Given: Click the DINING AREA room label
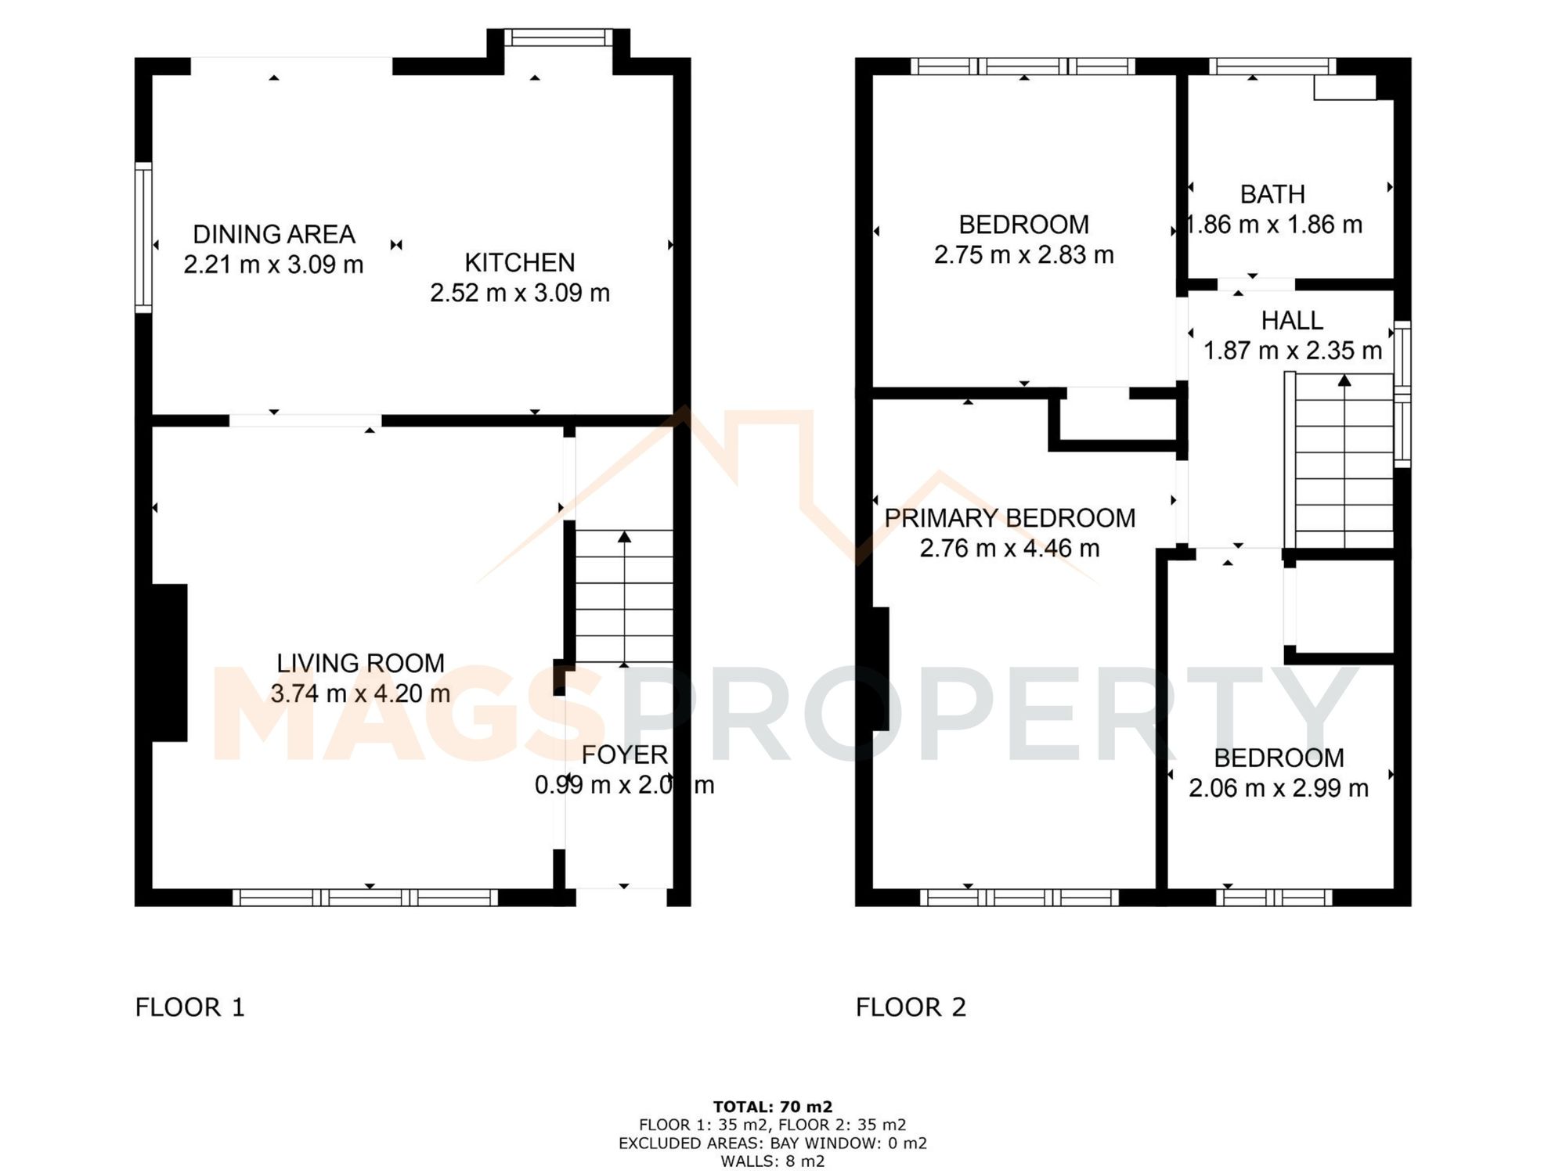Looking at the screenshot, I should coord(274,234).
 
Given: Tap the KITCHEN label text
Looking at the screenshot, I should coord(520,262).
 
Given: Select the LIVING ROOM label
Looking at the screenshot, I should coord(360,663).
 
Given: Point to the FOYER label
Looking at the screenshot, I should coord(625,754).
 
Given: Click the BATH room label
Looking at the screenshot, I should coord(1272,194).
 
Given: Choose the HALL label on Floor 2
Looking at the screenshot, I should coord(1292,320).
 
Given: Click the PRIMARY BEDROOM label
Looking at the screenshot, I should coord(1009,518).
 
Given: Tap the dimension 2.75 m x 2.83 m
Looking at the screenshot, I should coord(1023,255).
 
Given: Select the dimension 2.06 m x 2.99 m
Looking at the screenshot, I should coord(1278,788).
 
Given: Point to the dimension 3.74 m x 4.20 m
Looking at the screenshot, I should coord(360,693).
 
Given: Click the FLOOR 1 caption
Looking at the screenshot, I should coord(190,1007).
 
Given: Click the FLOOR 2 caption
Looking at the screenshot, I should coord(911,1007).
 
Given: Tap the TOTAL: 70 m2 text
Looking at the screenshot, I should coord(772,1107).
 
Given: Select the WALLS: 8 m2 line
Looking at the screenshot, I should coord(772,1161).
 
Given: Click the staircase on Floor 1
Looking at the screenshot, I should coord(624,597).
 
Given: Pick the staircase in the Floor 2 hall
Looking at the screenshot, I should coord(1344,462).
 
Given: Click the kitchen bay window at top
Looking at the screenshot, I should coord(557,38).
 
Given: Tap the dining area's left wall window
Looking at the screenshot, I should coord(143,237).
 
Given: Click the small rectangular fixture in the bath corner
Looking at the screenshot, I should coord(1344,88).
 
